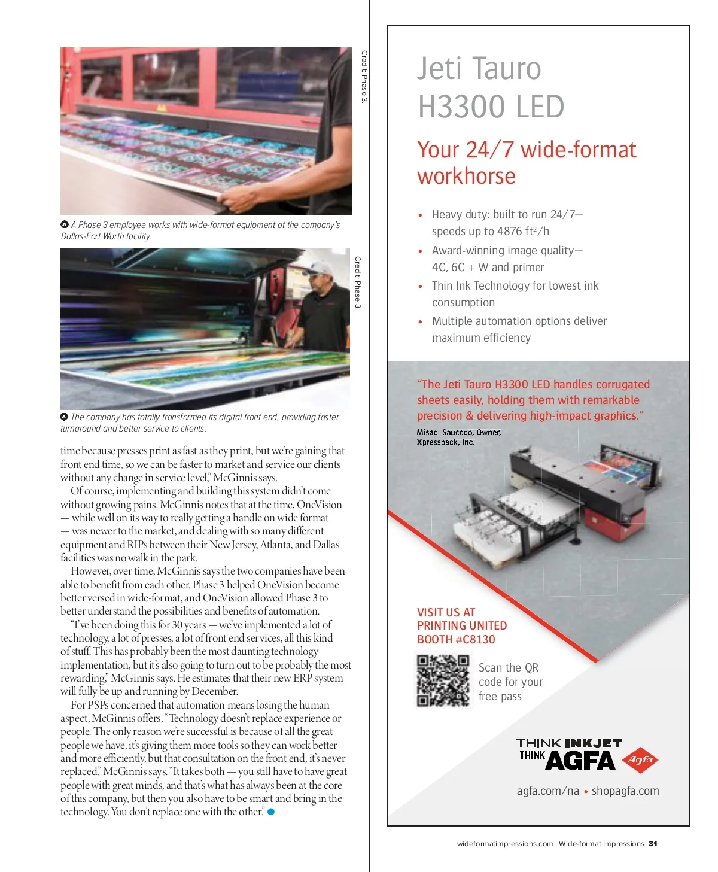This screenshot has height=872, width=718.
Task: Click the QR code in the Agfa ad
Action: tap(443, 681)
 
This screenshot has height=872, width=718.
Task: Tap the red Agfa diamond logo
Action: tap(640, 761)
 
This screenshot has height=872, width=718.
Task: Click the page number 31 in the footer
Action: tap(653, 844)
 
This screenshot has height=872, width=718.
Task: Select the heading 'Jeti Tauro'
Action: tap(479, 69)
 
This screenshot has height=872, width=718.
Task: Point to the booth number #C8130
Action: tap(476, 639)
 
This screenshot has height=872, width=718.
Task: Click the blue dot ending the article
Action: tap(271, 812)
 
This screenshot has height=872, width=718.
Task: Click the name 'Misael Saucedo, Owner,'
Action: tap(459, 432)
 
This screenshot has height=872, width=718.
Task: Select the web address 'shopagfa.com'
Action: tap(625, 791)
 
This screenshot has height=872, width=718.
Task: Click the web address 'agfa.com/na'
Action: tap(547, 791)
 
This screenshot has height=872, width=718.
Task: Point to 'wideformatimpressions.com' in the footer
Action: tap(505, 844)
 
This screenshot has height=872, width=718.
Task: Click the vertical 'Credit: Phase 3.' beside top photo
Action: tap(364, 76)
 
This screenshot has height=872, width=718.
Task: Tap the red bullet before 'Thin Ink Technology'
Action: tap(420, 287)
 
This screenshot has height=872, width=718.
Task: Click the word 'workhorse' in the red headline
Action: tap(466, 177)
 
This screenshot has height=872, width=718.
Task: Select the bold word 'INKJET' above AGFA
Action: tap(593, 743)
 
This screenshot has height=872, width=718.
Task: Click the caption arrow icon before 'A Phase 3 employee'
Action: tap(65, 224)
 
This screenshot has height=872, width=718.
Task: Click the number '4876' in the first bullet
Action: tap(510, 232)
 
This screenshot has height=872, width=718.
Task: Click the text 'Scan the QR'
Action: tap(509, 668)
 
